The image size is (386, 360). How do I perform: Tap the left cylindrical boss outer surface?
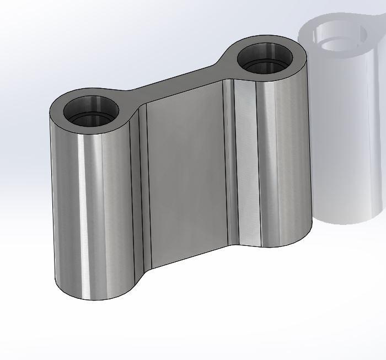point(72,209)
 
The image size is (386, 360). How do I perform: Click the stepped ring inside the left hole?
point(91,119)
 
